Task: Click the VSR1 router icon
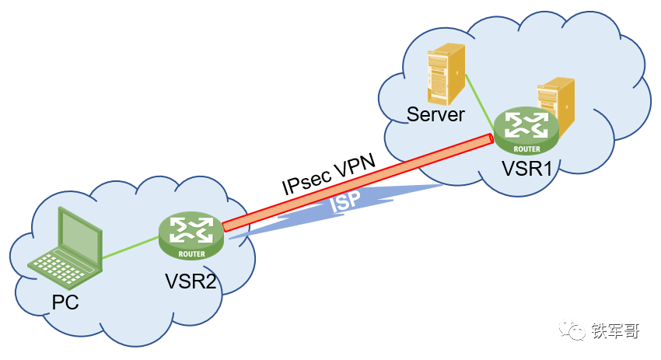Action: pos(526,131)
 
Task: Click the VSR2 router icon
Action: pos(191,236)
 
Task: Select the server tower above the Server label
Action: pos(446,74)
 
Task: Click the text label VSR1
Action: pos(526,169)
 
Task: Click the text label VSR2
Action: pos(191,281)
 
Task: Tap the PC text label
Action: pos(65,302)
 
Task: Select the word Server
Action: pos(435,114)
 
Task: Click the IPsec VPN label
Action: pos(328,173)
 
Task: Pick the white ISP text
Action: pos(345,201)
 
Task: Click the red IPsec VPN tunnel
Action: pos(358,183)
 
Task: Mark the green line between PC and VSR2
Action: pos(131,247)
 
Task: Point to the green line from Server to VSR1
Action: pos(480,102)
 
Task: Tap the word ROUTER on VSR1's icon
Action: pos(526,149)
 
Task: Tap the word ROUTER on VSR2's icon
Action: pos(192,254)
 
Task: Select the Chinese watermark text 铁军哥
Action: pos(615,331)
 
